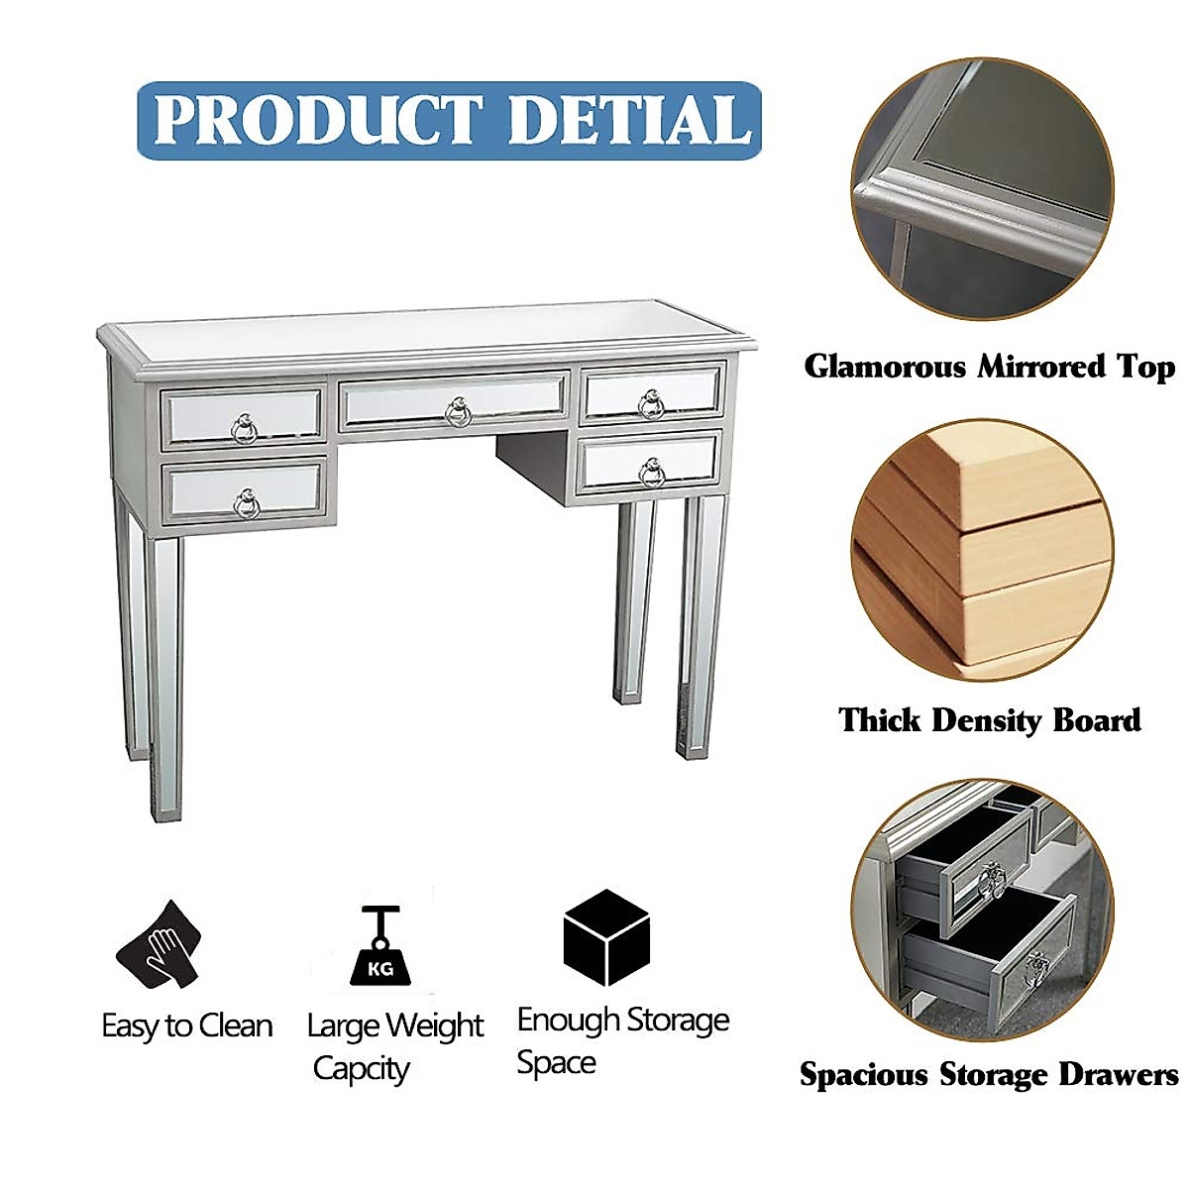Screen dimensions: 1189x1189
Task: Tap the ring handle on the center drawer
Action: [457, 411]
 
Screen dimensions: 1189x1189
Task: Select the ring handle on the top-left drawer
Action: [244, 429]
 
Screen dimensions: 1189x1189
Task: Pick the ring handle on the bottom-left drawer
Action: [246, 505]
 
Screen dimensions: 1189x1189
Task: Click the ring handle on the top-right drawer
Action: [651, 403]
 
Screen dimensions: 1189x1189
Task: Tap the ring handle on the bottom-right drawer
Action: [651, 472]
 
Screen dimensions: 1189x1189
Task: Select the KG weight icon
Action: [380, 946]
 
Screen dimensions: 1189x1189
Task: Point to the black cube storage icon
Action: [606, 937]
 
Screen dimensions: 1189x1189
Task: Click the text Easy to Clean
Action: [187, 1026]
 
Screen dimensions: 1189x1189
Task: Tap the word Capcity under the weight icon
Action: [362, 1069]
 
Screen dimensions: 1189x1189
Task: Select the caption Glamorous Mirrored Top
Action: [989, 367]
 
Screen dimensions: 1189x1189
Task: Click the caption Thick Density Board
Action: [989, 720]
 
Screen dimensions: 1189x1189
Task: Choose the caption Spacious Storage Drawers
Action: [989, 1075]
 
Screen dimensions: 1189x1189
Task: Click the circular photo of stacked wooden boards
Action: [981, 550]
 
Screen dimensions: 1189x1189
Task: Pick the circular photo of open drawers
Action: [981, 910]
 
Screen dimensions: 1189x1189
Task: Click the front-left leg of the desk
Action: [164, 674]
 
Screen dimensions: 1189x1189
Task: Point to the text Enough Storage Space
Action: [622, 1040]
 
